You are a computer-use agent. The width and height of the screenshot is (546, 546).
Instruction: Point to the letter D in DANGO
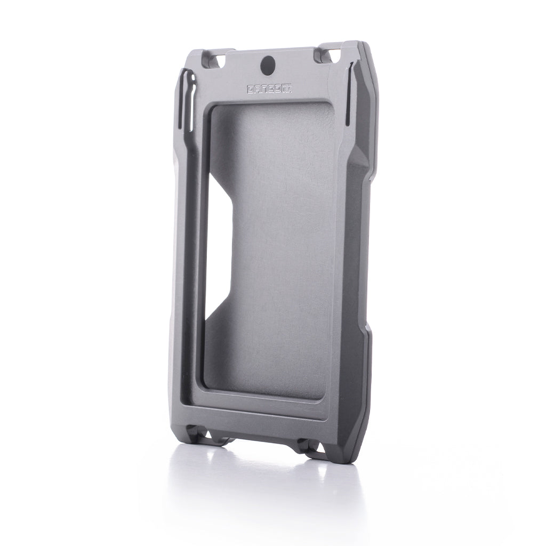(250, 89)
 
